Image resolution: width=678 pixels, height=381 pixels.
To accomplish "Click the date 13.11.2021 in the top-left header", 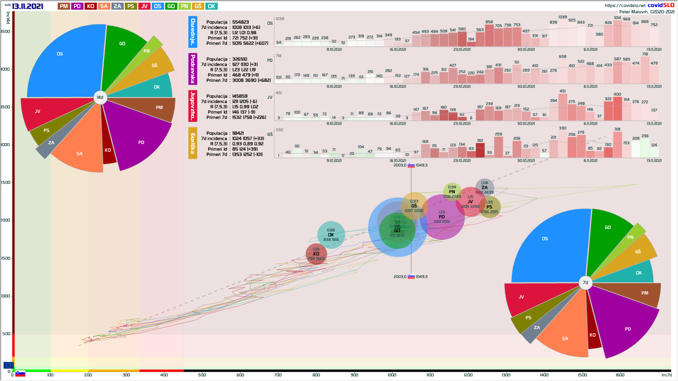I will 28,6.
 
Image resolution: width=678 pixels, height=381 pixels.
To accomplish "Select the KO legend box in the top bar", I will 91,6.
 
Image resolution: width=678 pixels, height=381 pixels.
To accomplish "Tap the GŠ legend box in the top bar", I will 198,6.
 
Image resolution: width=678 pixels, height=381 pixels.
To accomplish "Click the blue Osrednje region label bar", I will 193,32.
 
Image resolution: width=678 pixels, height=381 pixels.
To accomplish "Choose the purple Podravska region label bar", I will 193,69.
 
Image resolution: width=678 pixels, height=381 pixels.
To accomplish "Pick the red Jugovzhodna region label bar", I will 193,106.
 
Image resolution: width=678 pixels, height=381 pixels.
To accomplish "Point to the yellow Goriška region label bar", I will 193,143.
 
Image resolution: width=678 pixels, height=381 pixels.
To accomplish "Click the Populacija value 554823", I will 240,22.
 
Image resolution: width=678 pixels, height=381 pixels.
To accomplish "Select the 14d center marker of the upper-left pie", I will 100,97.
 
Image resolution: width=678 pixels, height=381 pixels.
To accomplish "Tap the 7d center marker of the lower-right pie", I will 585,283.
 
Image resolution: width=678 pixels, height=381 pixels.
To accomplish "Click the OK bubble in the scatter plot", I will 331,235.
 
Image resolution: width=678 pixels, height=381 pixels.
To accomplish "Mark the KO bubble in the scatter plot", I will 316,254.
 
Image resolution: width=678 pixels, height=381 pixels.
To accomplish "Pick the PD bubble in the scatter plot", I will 442,217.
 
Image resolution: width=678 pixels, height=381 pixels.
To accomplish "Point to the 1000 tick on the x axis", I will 392,375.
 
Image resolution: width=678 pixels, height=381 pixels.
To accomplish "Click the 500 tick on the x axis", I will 202,375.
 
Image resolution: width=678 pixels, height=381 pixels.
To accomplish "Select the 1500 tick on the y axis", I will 6,258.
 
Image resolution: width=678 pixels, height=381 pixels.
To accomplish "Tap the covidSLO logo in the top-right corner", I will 661,5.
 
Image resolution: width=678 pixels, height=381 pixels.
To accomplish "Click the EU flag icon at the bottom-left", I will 8,365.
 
